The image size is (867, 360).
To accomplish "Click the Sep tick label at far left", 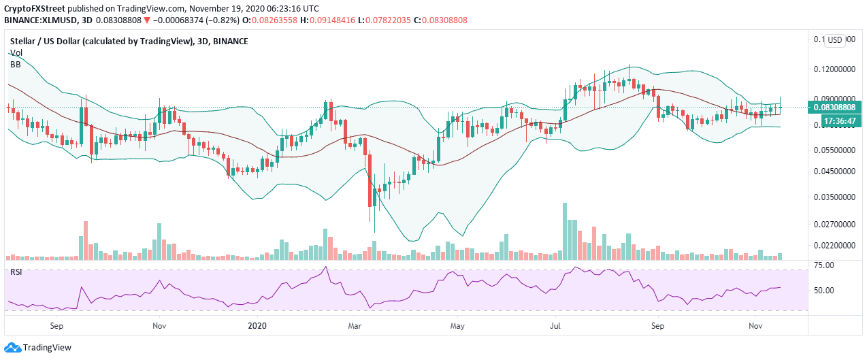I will pos(56,325).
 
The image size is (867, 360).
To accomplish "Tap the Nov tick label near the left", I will pos(159,325).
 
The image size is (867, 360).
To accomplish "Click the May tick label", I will pos(457,325).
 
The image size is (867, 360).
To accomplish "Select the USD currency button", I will pos(835,40).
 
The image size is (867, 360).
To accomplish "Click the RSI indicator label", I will pos(16,273).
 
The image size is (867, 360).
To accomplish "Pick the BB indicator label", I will pos(15,64).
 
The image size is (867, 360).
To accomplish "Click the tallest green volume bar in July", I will pos(564,231).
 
